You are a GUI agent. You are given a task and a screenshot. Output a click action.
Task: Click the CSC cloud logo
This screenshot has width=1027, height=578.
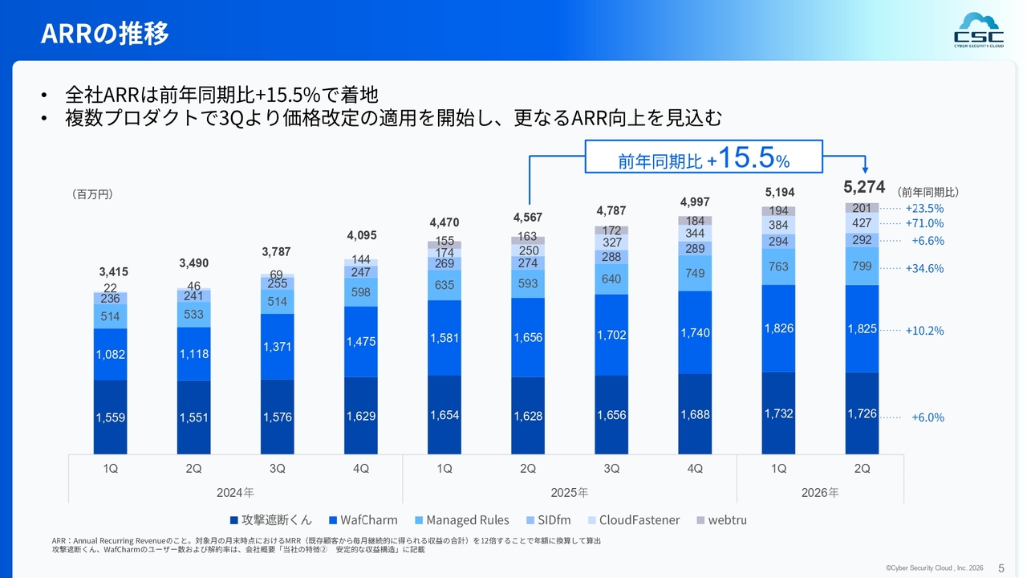(x=978, y=30)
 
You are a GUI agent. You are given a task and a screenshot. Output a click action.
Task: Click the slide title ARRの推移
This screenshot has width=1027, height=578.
(x=104, y=33)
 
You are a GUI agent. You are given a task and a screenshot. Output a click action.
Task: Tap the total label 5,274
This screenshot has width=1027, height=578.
(x=864, y=187)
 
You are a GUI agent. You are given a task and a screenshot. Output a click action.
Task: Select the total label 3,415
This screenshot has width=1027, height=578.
(x=113, y=271)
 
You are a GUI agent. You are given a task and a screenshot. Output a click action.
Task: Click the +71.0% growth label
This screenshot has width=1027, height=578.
(x=924, y=223)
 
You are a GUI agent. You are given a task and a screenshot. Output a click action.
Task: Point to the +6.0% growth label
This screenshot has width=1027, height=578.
(x=928, y=417)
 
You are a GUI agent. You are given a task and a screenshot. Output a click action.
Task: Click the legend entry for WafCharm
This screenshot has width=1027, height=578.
(x=363, y=520)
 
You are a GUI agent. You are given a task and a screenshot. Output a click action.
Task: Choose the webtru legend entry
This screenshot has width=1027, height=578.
(x=721, y=520)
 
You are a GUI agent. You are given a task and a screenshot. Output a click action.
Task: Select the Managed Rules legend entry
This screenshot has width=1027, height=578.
(x=461, y=520)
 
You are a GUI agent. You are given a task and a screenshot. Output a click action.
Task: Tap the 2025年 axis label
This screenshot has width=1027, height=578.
(x=570, y=493)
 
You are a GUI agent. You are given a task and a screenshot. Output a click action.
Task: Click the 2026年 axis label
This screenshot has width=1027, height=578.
(x=820, y=493)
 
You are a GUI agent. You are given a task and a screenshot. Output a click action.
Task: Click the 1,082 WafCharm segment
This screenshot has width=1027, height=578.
(x=110, y=355)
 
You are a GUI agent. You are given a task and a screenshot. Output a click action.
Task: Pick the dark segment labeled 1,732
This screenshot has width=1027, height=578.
(x=778, y=413)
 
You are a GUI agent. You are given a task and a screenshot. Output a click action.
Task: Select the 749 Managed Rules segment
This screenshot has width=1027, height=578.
(x=695, y=274)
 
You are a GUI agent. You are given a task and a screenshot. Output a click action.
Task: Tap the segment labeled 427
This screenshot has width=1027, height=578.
(x=862, y=223)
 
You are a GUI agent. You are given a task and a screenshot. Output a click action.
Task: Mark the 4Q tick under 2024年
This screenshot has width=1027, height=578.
(x=361, y=468)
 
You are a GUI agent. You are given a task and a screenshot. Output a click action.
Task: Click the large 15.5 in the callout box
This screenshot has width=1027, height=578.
(x=746, y=157)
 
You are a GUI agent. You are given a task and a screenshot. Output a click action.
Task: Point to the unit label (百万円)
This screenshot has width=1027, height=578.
(x=92, y=194)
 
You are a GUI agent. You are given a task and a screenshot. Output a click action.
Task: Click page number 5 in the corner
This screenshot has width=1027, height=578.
(x=1001, y=568)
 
